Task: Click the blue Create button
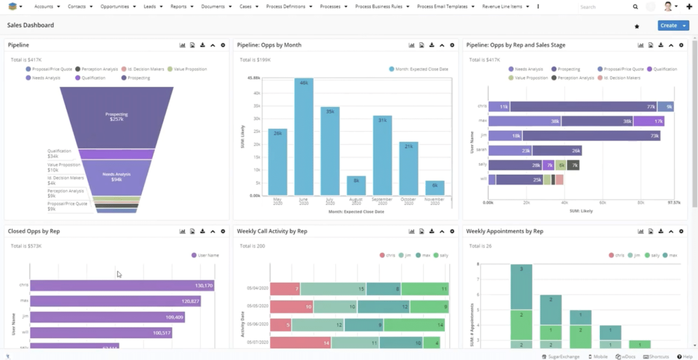668,25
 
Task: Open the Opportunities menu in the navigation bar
115,6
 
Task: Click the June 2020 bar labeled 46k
304,136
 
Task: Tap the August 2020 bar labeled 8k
356,185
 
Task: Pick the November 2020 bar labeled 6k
434,188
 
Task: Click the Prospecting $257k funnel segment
116,117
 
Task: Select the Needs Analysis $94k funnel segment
116,177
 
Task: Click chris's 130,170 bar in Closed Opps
122,285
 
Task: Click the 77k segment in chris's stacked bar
583,107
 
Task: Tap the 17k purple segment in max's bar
649,121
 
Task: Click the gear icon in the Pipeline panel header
223,45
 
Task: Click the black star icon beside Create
637,26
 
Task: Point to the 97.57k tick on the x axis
673,203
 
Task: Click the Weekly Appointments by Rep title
504,231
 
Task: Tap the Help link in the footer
685,357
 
